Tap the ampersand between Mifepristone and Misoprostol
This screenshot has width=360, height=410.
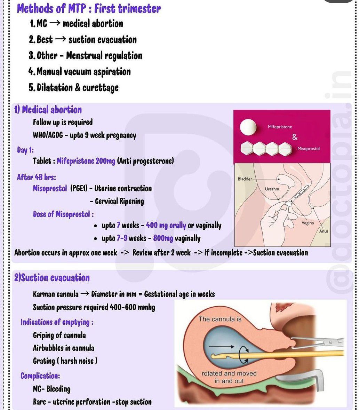(x=295, y=137)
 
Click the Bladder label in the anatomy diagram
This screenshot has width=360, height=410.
(x=245, y=179)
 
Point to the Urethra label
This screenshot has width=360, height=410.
(x=272, y=189)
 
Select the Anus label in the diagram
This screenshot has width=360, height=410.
(x=324, y=231)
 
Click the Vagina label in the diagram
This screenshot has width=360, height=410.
(x=307, y=223)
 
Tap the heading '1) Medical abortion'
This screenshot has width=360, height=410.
(x=48, y=110)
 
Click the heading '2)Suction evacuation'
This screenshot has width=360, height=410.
(x=52, y=278)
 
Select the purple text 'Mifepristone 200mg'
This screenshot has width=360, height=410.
(x=86, y=161)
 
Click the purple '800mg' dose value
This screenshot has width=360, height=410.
(x=163, y=238)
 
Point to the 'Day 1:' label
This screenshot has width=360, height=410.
(x=25, y=150)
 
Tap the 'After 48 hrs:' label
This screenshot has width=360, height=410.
(x=37, y=177)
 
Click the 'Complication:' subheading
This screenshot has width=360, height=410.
(x=40, y=376)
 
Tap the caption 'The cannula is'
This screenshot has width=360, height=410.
(x=220, y=319)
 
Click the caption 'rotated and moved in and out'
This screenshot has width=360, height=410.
(x=229, y=377)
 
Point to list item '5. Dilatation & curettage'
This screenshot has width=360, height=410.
(x=74, y=87)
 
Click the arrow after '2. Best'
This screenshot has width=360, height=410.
(x=60, y=40)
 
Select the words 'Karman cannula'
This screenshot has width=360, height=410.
(x=56, y=294)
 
